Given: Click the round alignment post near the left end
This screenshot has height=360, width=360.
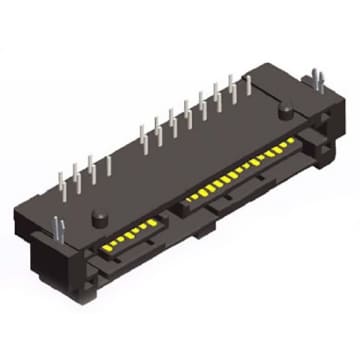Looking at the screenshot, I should pyautogui.click(x=100, y=217).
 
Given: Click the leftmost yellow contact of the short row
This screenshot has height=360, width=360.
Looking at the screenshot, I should pyautogui.click(x=106, y=243).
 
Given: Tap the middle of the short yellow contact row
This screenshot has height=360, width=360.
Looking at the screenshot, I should pyautogui.click(x=130, y=230).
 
